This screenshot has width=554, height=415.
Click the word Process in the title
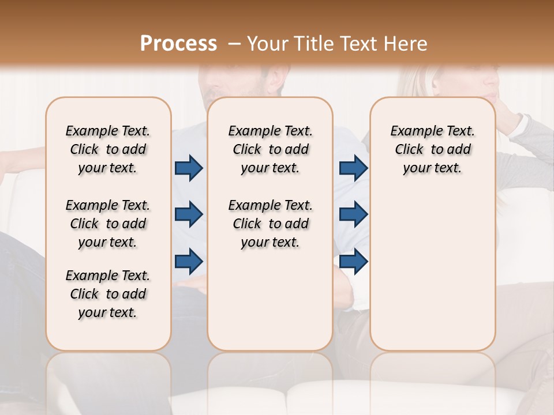(178, 44)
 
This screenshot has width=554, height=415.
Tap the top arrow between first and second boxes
(189, 168)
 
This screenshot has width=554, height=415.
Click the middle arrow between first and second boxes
(189, 214)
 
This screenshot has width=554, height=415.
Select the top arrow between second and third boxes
(353, 168)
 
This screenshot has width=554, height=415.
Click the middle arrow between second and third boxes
(353, 214)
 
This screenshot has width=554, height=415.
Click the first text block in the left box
(108, 149)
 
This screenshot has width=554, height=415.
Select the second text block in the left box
(108, 224)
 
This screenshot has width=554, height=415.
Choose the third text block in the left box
(108, 294)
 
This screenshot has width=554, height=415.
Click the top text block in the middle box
(270, 149)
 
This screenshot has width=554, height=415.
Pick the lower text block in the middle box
(270, 224)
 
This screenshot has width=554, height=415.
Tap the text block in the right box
(432, 149)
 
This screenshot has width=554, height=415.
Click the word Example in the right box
(414, 131)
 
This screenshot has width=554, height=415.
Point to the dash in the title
(234, 44)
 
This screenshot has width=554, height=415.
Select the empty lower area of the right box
(432, 271)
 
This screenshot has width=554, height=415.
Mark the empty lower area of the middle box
(270, 300)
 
